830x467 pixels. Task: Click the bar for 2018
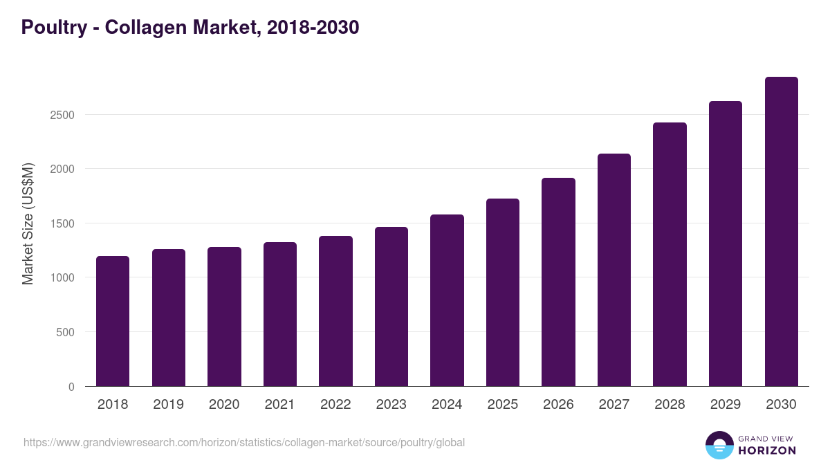[x=113, y=321]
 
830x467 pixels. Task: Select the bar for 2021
[x=280, y=314]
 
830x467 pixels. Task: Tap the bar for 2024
[x=447, y=300]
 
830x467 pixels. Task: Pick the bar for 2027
[x=614, y=270]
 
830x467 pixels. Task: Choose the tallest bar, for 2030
[x=781, y=232]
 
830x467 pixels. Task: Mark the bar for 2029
[x=726, y=244]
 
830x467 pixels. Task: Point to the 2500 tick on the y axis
[x=62, y=115]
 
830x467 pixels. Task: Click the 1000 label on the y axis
[x=62, y=277]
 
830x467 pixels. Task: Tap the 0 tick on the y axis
[x=71, y=387]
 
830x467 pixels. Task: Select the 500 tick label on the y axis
[x=65, y=332]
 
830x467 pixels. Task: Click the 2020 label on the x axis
[x=224, y=405]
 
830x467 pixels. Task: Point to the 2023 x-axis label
[x=391, y=405]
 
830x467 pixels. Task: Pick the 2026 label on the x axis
[x=558, y=405]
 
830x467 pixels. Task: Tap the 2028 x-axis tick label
[x=670, y=405]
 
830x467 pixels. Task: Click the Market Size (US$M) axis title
[x=28, y=223]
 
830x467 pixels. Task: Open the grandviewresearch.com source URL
[x=244, y=442]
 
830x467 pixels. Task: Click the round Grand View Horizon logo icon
[x=719, y=445]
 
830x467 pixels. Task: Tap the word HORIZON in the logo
[x=767, y=450]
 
